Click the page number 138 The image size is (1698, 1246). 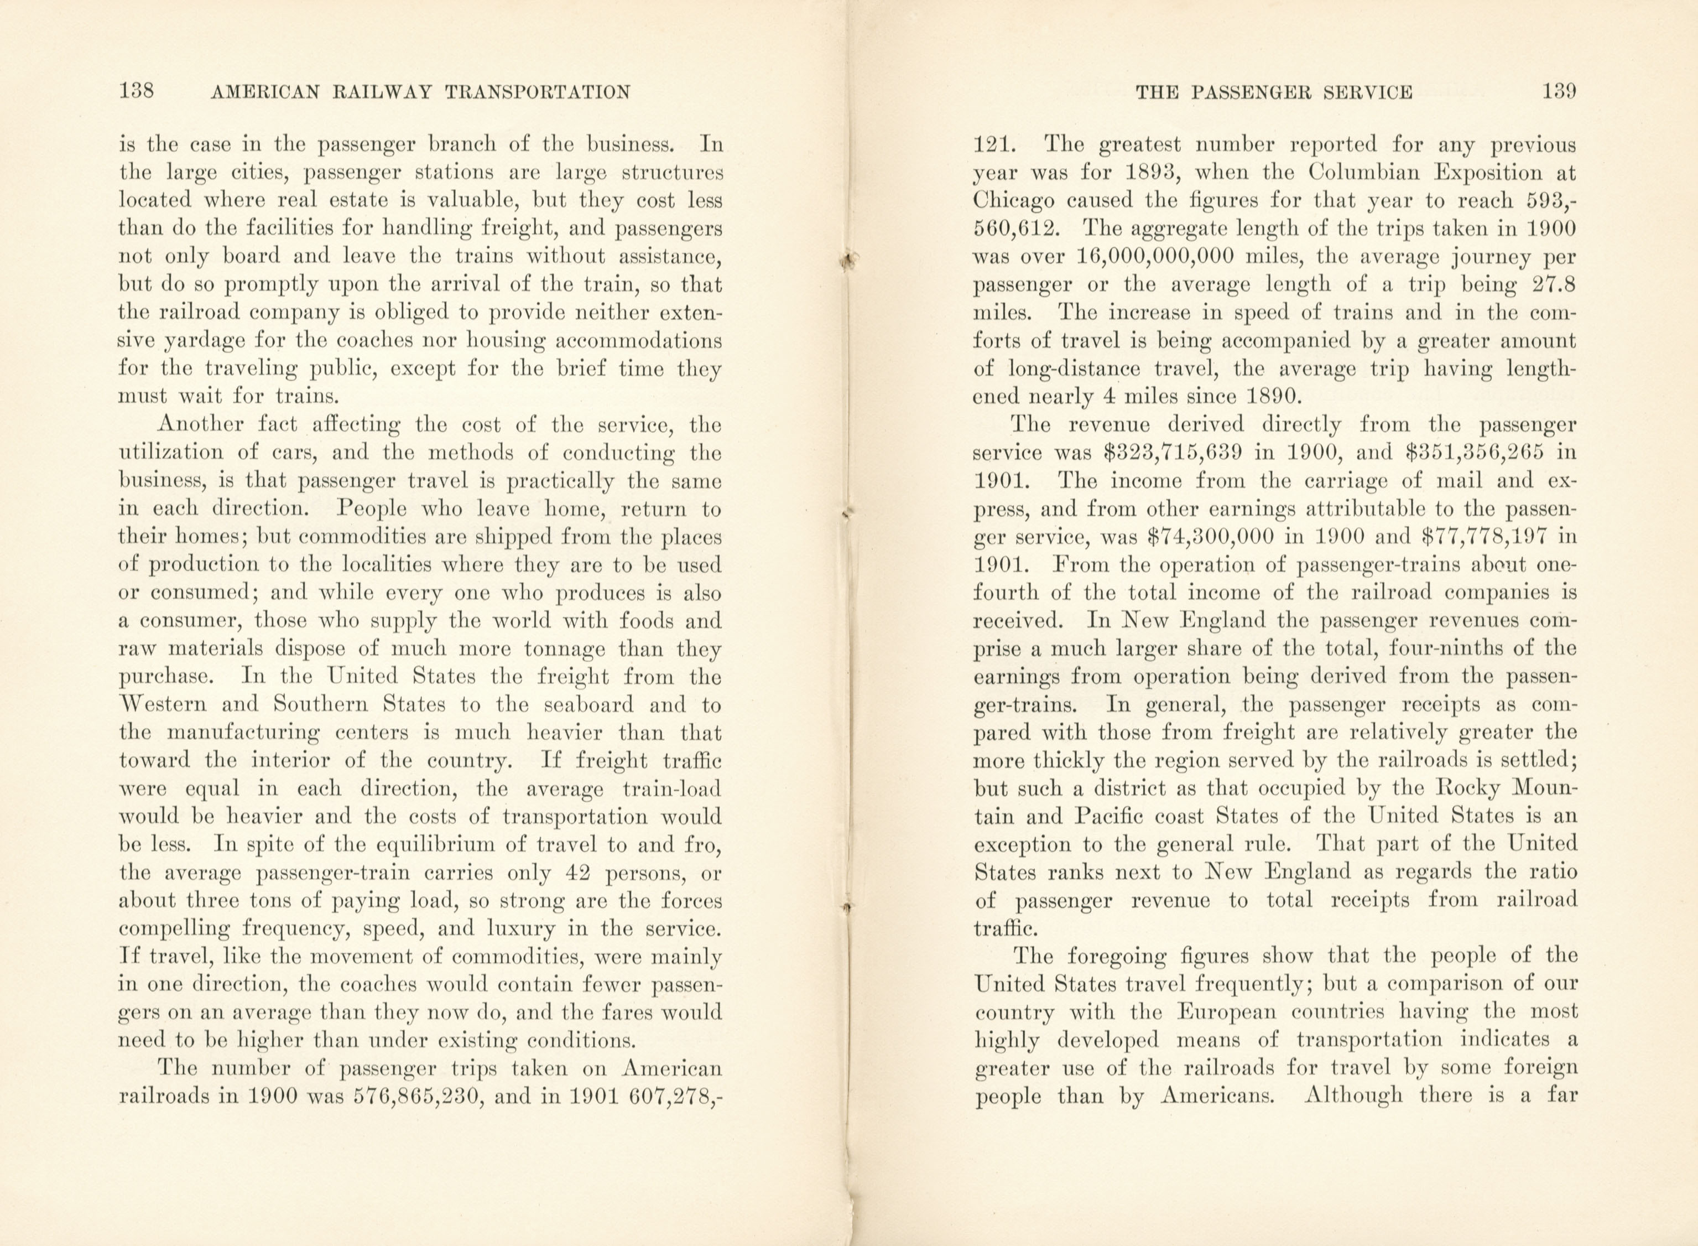pos(137,92)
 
